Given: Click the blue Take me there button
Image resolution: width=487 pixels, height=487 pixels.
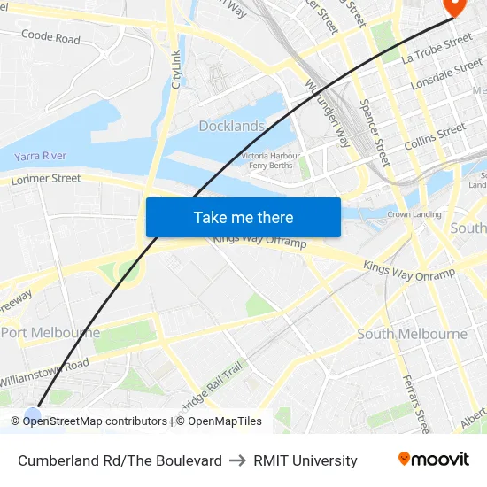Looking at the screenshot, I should [x=243, y=217].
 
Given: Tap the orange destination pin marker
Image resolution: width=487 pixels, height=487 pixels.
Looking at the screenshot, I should [x=453, y=6].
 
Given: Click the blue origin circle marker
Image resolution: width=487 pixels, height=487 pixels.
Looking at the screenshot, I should [x=33, y=414].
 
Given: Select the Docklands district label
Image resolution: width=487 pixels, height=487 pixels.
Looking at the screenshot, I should [x=231, y=126].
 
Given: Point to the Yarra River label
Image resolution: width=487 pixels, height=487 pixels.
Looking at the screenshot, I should [x=40, y=156].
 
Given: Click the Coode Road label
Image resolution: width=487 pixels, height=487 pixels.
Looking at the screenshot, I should [x=50, y=37].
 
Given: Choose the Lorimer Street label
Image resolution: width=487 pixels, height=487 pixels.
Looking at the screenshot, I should [x=45, y=179].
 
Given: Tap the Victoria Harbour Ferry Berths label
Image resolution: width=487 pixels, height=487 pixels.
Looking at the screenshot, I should [x=271, y=160].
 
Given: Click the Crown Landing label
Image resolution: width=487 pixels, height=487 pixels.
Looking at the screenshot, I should [x=414, y=214].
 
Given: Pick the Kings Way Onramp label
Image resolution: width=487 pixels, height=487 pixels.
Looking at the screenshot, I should [x=408, y=271].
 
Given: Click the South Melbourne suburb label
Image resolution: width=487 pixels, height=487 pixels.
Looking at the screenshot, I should [x=412, y=334].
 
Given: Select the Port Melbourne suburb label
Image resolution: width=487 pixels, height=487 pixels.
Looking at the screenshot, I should [x=50, y=333].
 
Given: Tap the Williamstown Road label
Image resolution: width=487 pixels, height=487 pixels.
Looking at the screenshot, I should [x=43, y=371].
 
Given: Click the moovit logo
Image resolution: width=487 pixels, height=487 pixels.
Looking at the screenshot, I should [x=434, y=460].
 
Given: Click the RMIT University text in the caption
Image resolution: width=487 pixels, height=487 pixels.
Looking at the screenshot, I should [x=305, y=460].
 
